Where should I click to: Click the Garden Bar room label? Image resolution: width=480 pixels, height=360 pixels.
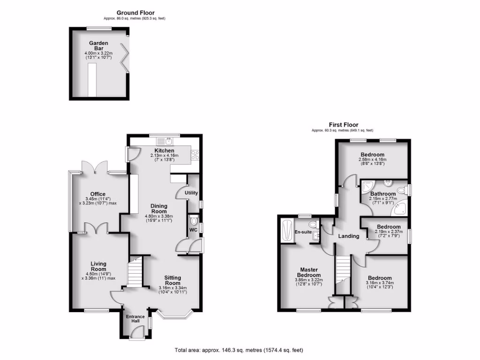click(98, 45)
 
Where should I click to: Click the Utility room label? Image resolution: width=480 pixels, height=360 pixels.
click(192, 193)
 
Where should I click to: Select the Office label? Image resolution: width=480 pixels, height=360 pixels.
click(98, 194)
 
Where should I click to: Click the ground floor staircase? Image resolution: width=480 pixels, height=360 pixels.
click(135, 271)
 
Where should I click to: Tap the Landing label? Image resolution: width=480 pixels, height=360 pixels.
click(349, 236)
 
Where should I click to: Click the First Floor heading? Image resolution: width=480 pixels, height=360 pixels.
click(343, 125)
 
